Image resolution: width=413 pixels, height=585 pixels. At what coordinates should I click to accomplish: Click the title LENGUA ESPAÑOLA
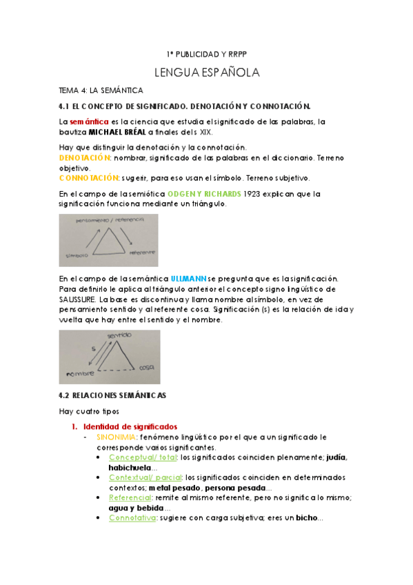pos(206,72)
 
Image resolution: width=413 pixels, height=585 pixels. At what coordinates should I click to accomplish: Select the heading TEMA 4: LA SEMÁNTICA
pos(101,90)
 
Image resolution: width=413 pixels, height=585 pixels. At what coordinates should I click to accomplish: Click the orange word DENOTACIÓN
pos(83,158)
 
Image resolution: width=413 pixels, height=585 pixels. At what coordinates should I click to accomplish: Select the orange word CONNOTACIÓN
pos(89,178)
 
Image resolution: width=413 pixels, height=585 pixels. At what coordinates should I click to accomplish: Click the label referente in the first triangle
pos(139,252)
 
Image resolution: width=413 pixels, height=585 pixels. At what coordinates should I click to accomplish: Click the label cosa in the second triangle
pos(145,366)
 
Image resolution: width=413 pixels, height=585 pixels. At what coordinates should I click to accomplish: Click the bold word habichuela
pos(132,467)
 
